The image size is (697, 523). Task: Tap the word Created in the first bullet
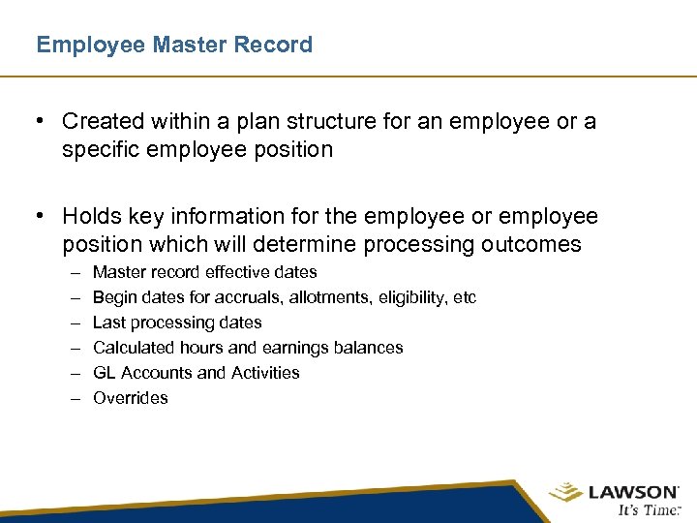pyautogui.click(x=102, y=121)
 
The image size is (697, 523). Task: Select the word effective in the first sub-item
pyautogui.click(x=240, y=272)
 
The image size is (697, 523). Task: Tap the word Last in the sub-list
pyautogui.click(x=108, y=323)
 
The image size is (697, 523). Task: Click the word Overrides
pyautogui.click(x=130, y=398)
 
